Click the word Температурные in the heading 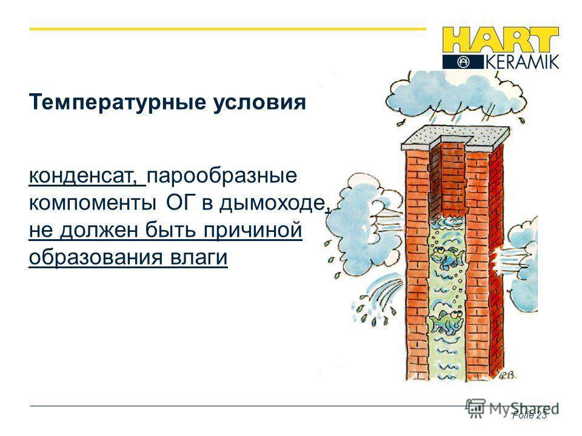click(117, 103)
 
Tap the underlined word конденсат click(84, 176)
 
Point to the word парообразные click(222, 176)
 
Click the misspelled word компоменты click(92, 203)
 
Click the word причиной click(252, 231)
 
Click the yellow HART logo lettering click(500, 40)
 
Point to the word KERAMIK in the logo click(522, 62)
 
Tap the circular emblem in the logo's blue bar click(463, 62)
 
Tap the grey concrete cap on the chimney click(456, 138)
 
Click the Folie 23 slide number click(529, 415)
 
